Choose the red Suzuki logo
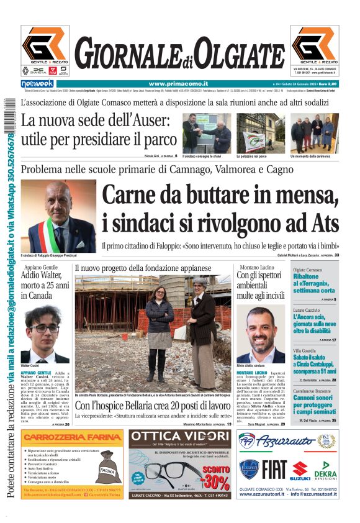[300, 471]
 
